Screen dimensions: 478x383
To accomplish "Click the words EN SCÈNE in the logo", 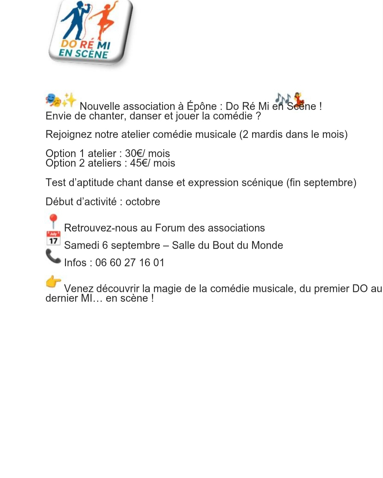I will pos(83,54).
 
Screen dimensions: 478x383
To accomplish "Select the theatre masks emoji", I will pos(53,100).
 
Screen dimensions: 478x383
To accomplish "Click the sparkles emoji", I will pos(69,100).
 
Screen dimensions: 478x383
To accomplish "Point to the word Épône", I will pos(201,106).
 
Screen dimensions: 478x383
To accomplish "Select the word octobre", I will pos(143,201).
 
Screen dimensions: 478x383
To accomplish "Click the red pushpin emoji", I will pos(53,221).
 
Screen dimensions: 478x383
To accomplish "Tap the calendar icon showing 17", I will pos(53,238).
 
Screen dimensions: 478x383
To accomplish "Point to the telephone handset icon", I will pos(53,256).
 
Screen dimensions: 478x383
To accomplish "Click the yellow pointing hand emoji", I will pos(53,282).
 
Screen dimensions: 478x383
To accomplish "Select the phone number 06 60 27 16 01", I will pos(129,263).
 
